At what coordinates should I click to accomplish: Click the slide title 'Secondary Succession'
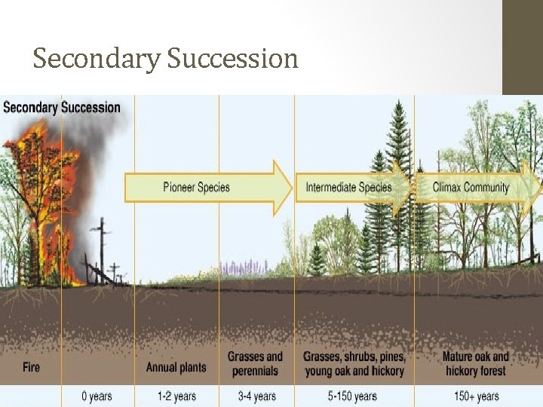pyautogui.click(x=165, y=58)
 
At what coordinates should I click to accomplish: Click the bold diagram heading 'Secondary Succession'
pyautogui.click(x=62, y=107)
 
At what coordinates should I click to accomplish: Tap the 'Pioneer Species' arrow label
pyautogui.click(x=196, y=187)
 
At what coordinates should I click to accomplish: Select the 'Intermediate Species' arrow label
pyautogui.click(x=348, y=187)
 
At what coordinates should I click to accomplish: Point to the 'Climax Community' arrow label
pyautogui.click(x=471, y=187)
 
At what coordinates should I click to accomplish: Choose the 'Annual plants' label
pyautogui.click(x=177, y=367)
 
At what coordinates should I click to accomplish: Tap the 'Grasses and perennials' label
pyautogui.click(x=256, y=363)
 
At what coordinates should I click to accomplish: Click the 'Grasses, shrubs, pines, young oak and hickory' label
pyautogui.click(x=354, y=363)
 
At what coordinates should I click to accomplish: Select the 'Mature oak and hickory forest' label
pyautogui.click(x=475, y=363)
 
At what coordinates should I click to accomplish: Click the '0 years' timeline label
pyautogui.click(x=97, y=396)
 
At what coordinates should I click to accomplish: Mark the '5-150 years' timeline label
pyautogui.click(x=354, y=396)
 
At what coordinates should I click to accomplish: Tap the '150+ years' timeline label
pyautogui.click(x=477, y=396)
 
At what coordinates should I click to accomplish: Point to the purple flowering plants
pyautogui.click(x=245, y=268)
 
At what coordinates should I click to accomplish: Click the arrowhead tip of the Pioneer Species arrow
pyautogui.click(x=290, y=187)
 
